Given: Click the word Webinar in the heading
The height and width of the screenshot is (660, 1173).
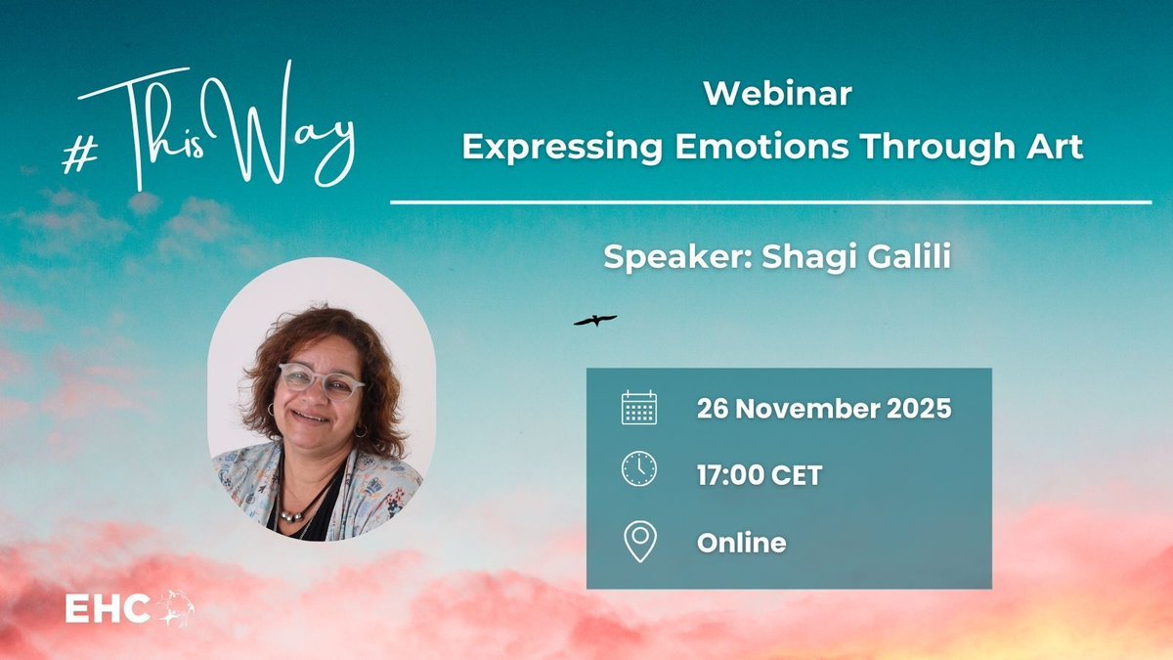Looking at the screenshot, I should [x=777, y=95].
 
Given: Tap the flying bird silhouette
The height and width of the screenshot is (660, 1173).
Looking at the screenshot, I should [x=594, y=320].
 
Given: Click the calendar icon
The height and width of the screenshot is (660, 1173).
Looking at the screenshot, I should [x=639, y=408].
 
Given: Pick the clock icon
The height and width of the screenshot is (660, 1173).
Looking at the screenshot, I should [x=639, y=469].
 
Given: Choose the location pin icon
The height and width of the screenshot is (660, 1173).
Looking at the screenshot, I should [x=639, y=541].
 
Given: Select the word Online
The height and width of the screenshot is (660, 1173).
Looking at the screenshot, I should [x=741, y=542].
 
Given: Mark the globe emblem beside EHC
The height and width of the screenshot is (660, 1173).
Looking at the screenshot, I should [x=175, y=608].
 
